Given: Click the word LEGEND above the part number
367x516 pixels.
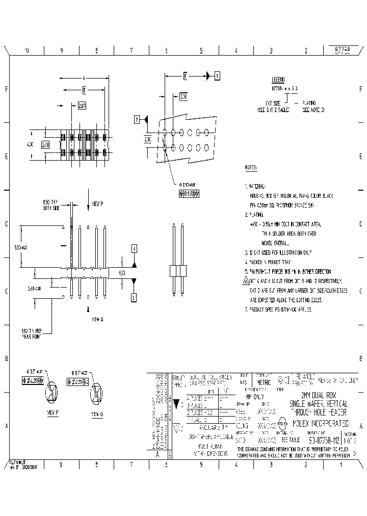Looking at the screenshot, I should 278,80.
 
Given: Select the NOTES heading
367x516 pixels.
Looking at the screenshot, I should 251,167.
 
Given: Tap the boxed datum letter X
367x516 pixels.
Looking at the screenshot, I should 218,76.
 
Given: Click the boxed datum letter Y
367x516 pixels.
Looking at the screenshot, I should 137,119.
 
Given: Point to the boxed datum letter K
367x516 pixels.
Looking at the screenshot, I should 135,248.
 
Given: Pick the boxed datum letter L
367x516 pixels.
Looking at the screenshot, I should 134,297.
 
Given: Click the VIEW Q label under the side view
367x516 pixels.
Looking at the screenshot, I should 97,320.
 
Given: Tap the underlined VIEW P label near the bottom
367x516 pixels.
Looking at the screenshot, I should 53,412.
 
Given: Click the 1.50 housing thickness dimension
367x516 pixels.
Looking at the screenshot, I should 122,273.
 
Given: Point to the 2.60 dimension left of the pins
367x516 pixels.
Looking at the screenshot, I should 35,289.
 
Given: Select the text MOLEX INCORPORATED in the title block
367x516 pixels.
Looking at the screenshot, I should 320,423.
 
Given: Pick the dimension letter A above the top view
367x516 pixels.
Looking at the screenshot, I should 84,78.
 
